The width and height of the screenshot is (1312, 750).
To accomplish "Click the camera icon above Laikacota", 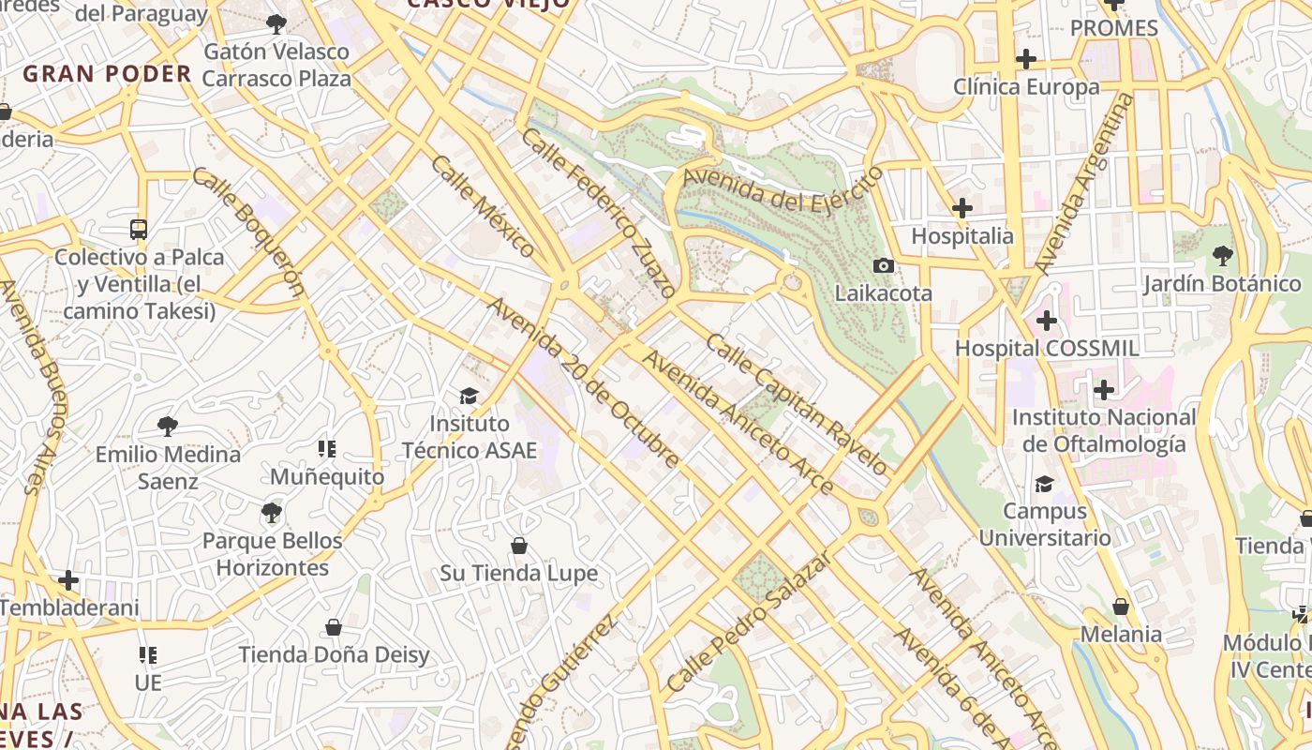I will (x=883, y=266).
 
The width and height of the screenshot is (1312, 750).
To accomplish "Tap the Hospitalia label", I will (x=962, y=236).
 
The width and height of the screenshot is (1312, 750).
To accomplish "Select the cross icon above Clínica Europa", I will (x=1026, y=59).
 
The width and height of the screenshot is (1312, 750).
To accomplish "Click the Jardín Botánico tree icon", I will (x=1222, y=255).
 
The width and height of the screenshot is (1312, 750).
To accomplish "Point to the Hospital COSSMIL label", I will (x=1047, y=349).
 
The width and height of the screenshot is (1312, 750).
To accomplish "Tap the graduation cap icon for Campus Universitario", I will (x=1044, y=484).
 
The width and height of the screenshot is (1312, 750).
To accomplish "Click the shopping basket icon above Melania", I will (x=1120, y=607).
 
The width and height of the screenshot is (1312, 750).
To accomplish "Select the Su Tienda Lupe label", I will (x=518, y=573).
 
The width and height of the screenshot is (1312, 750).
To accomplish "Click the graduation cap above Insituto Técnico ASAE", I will (x=469, y=397).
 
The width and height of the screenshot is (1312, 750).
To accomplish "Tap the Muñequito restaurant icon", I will (x=327, y=449).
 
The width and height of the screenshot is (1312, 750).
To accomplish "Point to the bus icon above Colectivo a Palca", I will (x=139, y=229).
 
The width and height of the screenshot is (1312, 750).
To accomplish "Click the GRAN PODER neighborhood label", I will (x=107, y=74).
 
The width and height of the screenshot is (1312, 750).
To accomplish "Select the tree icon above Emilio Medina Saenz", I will (x=168, y=427).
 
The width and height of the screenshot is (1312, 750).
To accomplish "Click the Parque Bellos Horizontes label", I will (x=272, y=554).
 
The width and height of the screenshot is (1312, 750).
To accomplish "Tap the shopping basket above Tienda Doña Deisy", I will (x=334, y=627).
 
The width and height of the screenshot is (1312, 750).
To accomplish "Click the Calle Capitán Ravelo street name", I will (x=796, y=405).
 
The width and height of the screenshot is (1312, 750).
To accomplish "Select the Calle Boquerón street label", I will (x=249, y=231).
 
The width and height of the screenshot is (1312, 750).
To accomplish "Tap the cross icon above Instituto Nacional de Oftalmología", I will (x=1104, y=390).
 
